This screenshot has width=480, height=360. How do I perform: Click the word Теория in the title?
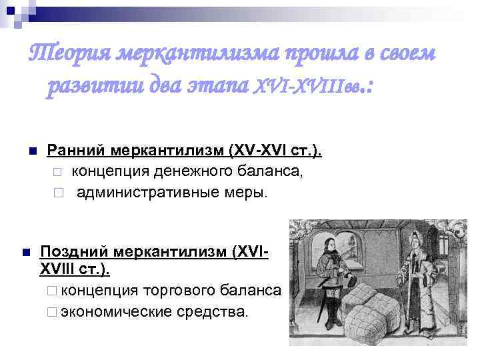tap(67, 53)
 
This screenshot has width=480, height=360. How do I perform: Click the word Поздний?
tap(75, 253)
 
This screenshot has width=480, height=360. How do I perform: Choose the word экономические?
tap(119, 311)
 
